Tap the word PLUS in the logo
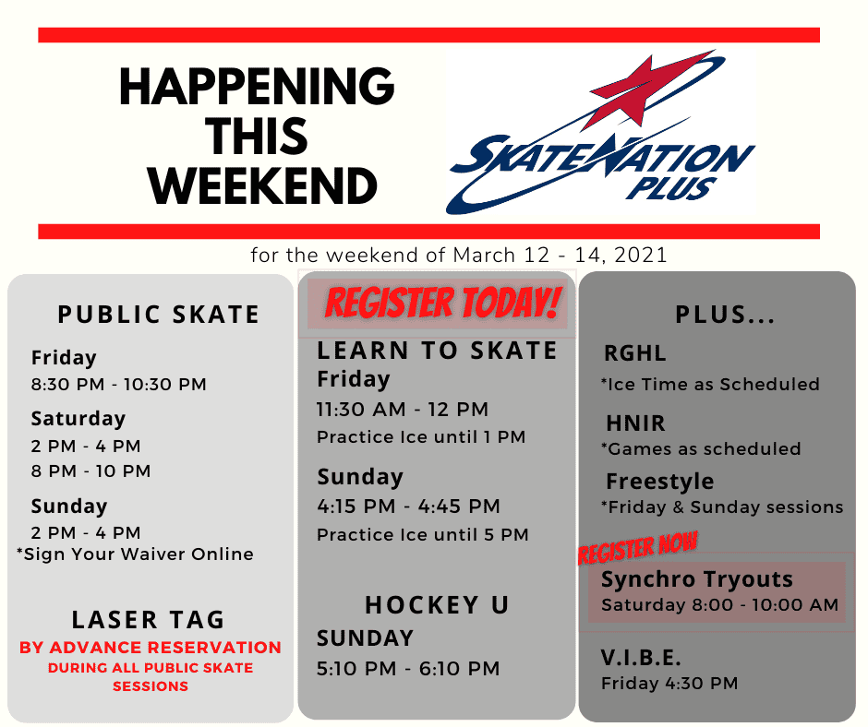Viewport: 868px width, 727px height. point(672,188)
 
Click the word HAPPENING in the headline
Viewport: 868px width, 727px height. point(257,86)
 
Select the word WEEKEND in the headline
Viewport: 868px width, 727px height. point(262,185)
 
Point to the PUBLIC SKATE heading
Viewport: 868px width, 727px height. point(159,315)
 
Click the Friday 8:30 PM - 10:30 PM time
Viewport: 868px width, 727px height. point(119,384)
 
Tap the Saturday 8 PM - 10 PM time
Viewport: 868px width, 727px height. point(90,471)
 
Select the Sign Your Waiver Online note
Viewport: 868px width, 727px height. point(135,554)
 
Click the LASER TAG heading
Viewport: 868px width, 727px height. point(149,620)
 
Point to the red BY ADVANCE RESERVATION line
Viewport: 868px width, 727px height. point(151,648)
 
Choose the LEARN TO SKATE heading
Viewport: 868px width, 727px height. point(437,351)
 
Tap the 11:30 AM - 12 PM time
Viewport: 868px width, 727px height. point(403,410)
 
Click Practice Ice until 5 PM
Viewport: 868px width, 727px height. point(423,534)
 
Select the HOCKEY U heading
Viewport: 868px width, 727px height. point(438,604)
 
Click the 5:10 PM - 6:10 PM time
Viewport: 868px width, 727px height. point(408,668)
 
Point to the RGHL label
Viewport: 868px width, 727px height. point(635,353)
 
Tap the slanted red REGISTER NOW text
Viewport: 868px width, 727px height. point(638,548)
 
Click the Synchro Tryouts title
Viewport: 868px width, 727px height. point(697,579)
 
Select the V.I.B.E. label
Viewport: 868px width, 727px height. point(641,658)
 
